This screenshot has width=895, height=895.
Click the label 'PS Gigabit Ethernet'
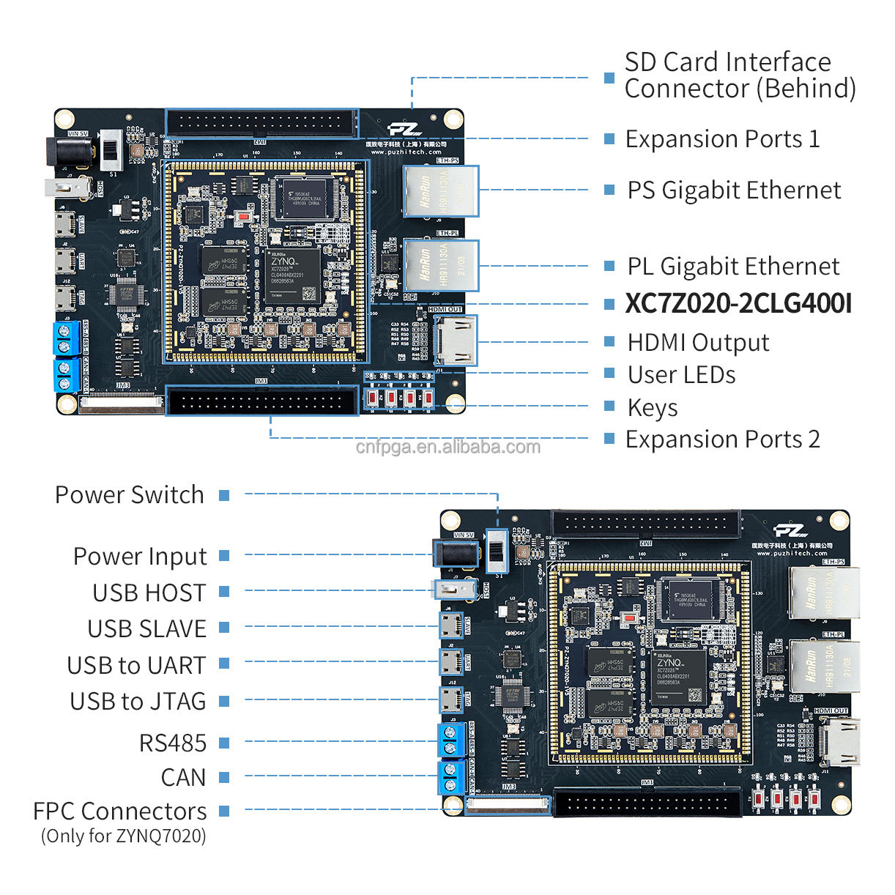coord(733,190)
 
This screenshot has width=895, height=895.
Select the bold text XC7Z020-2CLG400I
coord(738,304)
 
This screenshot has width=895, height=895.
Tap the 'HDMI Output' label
coord(698,343)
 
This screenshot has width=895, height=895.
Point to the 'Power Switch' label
coord(130,495)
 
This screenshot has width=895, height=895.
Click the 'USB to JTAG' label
coord(138,702)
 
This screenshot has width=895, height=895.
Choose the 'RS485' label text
coord(173,743)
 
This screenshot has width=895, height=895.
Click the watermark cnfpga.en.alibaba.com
coord(447,447)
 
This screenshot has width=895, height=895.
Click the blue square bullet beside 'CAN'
coord(224,777)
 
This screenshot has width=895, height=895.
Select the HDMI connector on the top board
coord(455,341)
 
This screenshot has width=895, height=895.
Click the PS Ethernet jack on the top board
coord(439,190)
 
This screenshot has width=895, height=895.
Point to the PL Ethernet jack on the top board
coord(439,265)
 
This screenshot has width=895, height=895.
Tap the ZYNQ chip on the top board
coord(292,275)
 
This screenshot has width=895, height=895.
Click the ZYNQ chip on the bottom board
coord(679,677)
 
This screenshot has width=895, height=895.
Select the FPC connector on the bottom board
coord(508,806)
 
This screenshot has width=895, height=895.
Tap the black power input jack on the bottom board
coord(454,554)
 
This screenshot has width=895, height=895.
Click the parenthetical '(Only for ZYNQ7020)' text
coord(123,836)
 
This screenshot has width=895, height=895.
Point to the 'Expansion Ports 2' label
coord(722,439)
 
